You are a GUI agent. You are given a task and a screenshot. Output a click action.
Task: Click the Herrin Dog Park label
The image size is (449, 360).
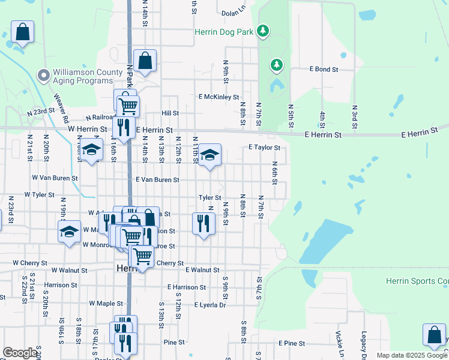point(224,32)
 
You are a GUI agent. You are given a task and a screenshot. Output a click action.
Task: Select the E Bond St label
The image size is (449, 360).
point(324,70)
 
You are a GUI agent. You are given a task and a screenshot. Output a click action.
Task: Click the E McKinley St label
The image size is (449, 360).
point(219,97)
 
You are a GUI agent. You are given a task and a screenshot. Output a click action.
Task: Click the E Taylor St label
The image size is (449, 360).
point(264,147)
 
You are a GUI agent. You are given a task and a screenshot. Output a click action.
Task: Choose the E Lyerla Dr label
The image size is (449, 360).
point(209,305)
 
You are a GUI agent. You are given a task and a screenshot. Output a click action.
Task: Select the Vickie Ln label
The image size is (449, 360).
point(339,344)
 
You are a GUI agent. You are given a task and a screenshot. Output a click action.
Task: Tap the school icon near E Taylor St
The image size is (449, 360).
point(209,155)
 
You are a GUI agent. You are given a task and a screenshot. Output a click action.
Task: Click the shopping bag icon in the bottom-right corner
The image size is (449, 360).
point(434,335)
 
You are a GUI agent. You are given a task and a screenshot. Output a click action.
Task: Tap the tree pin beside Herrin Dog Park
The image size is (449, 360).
point(262,30)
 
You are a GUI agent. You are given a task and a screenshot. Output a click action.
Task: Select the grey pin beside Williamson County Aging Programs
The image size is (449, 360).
point(43,76)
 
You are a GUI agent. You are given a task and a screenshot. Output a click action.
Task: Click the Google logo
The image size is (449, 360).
point(20,353)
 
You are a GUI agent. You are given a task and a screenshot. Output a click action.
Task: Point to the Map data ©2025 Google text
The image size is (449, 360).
point(411,355)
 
